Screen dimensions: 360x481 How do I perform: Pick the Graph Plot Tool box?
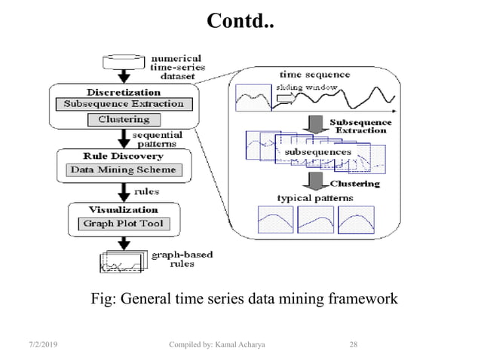pos(123,223)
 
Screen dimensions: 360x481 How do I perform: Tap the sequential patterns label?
pos(159,139)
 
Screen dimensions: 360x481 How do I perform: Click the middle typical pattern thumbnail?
pos(315,219)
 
